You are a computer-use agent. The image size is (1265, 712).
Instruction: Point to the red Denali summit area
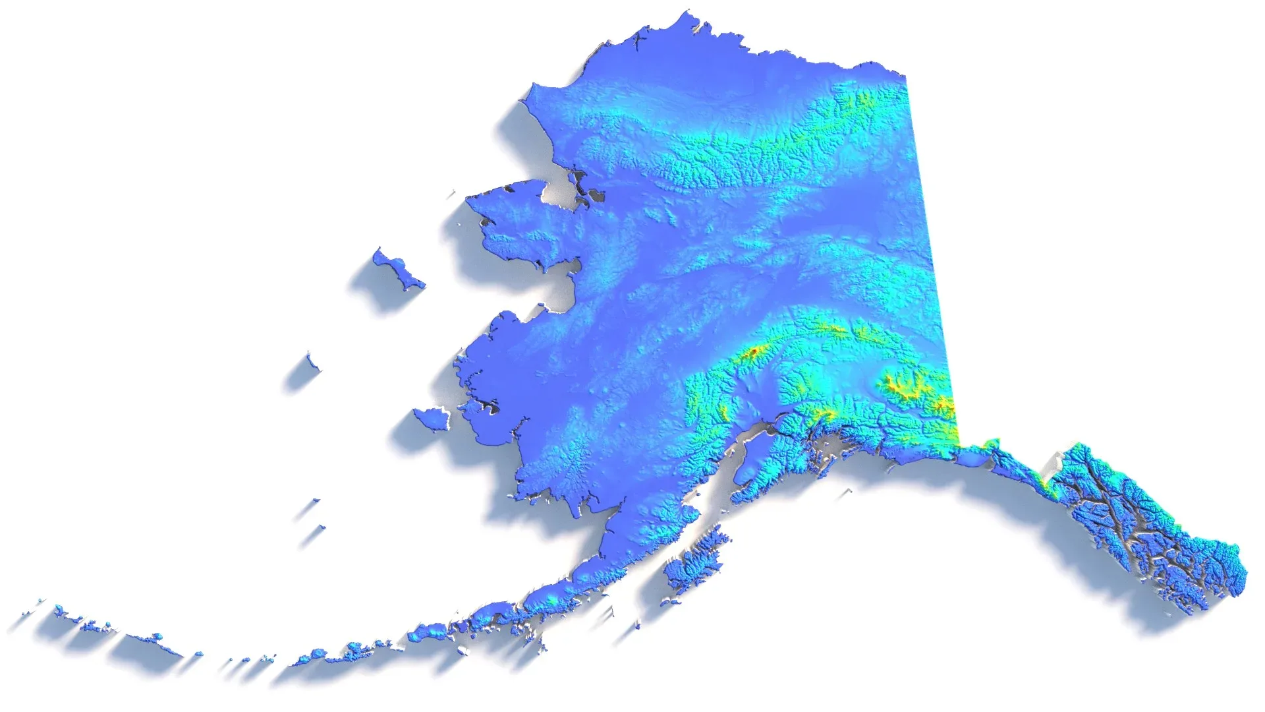pyautogui.click(x=751, y=353)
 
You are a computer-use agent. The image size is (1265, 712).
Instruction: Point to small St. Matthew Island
pyautogui.click(x=311, y=361)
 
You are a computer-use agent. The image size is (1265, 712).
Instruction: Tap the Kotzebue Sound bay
pyautogui.click(x=560, y=191)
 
